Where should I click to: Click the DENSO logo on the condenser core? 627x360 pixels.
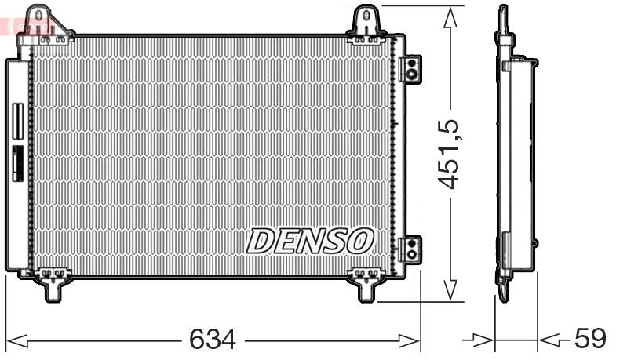click(x=311, y=240)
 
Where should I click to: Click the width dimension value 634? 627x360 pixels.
click(x=212, y=340)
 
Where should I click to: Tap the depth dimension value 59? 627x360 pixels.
click(x=590, y=339)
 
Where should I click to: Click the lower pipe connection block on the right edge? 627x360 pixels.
click(x=410, y=249)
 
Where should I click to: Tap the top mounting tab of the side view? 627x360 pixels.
click(x=503, y=20)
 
